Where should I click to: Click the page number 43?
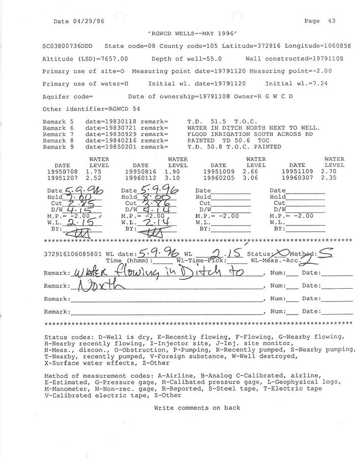332,21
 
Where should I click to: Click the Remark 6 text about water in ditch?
253,128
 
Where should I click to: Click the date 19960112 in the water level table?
141,178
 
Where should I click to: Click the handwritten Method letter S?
327,254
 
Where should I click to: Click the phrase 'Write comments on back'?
197,407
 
